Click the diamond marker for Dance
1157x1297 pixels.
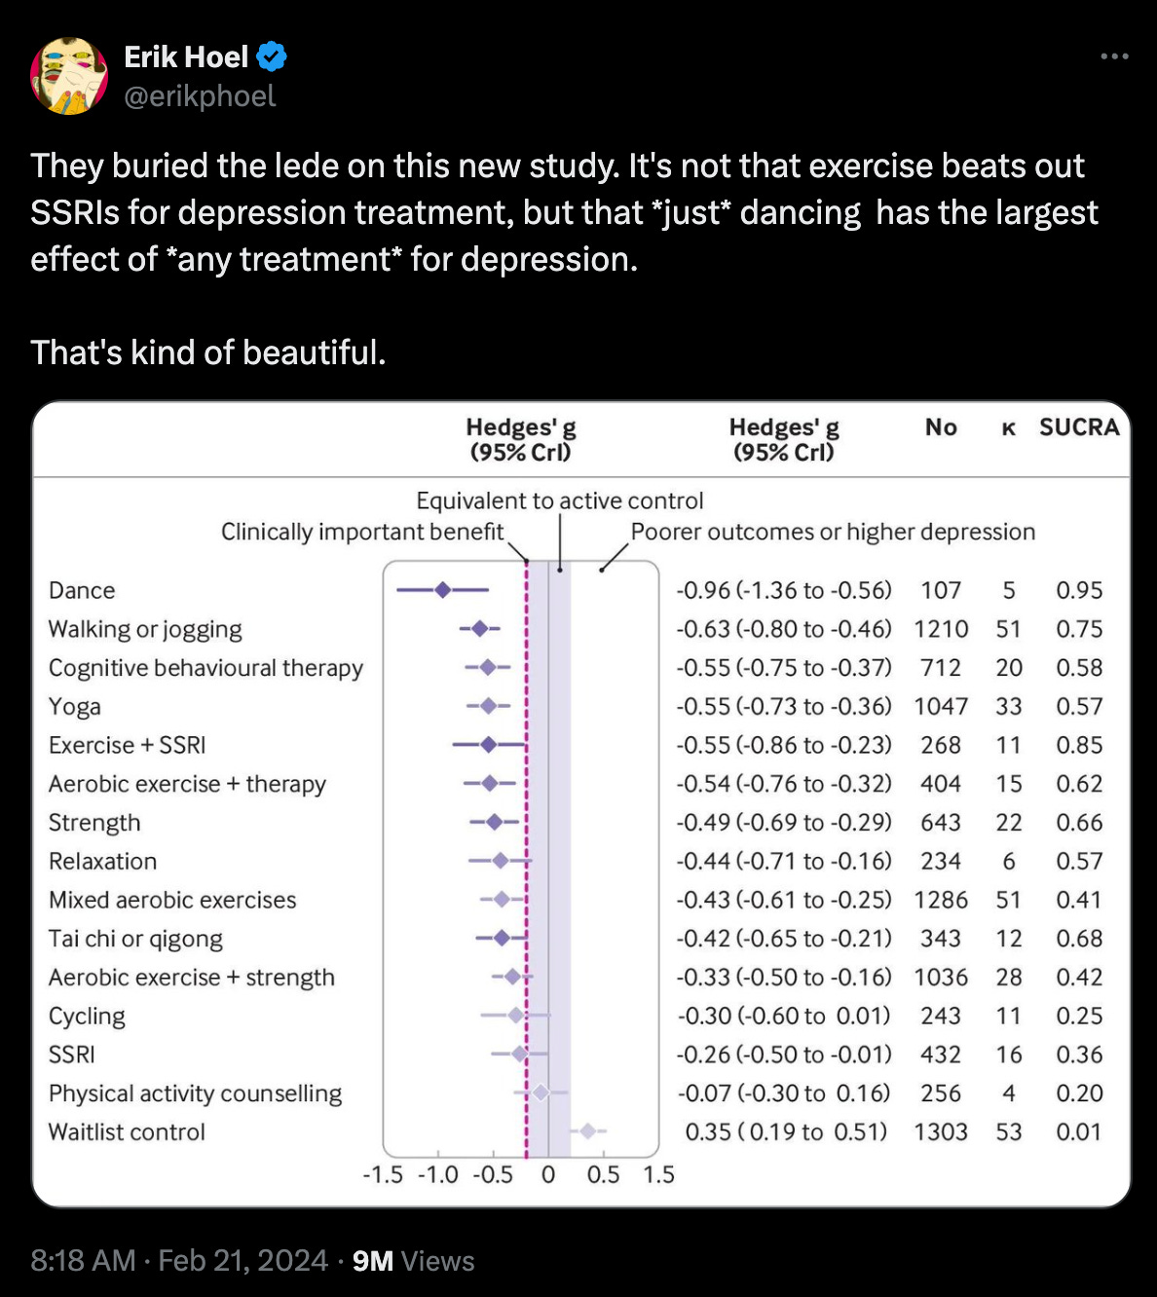(443, 590)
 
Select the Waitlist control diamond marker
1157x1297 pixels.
(588, 1131)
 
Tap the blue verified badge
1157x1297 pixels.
(272, 57)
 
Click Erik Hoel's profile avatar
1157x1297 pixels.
(69, 76)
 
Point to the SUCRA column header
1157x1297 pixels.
(1079, 427)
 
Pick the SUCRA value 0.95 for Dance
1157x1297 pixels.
(1079, 590)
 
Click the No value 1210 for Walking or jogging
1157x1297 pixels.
(940, 629)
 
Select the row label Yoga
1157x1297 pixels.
(75, 707)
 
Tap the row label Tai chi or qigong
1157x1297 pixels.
(135, 939)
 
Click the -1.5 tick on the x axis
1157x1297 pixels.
(383, 1174)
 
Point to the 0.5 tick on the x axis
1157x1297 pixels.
(603, 1174)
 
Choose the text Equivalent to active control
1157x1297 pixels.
(559, 500)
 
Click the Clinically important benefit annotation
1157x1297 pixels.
(362, 532)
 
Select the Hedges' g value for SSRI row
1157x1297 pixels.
(784, 1055)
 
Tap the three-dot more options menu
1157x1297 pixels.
(1114, 56)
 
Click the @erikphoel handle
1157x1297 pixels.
(200, 96)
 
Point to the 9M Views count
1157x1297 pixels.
(413, 1261)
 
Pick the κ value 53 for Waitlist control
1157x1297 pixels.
(1009, 1131)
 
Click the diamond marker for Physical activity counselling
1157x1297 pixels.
(541, 1093)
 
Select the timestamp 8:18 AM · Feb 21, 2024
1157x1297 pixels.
(179, 1261)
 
